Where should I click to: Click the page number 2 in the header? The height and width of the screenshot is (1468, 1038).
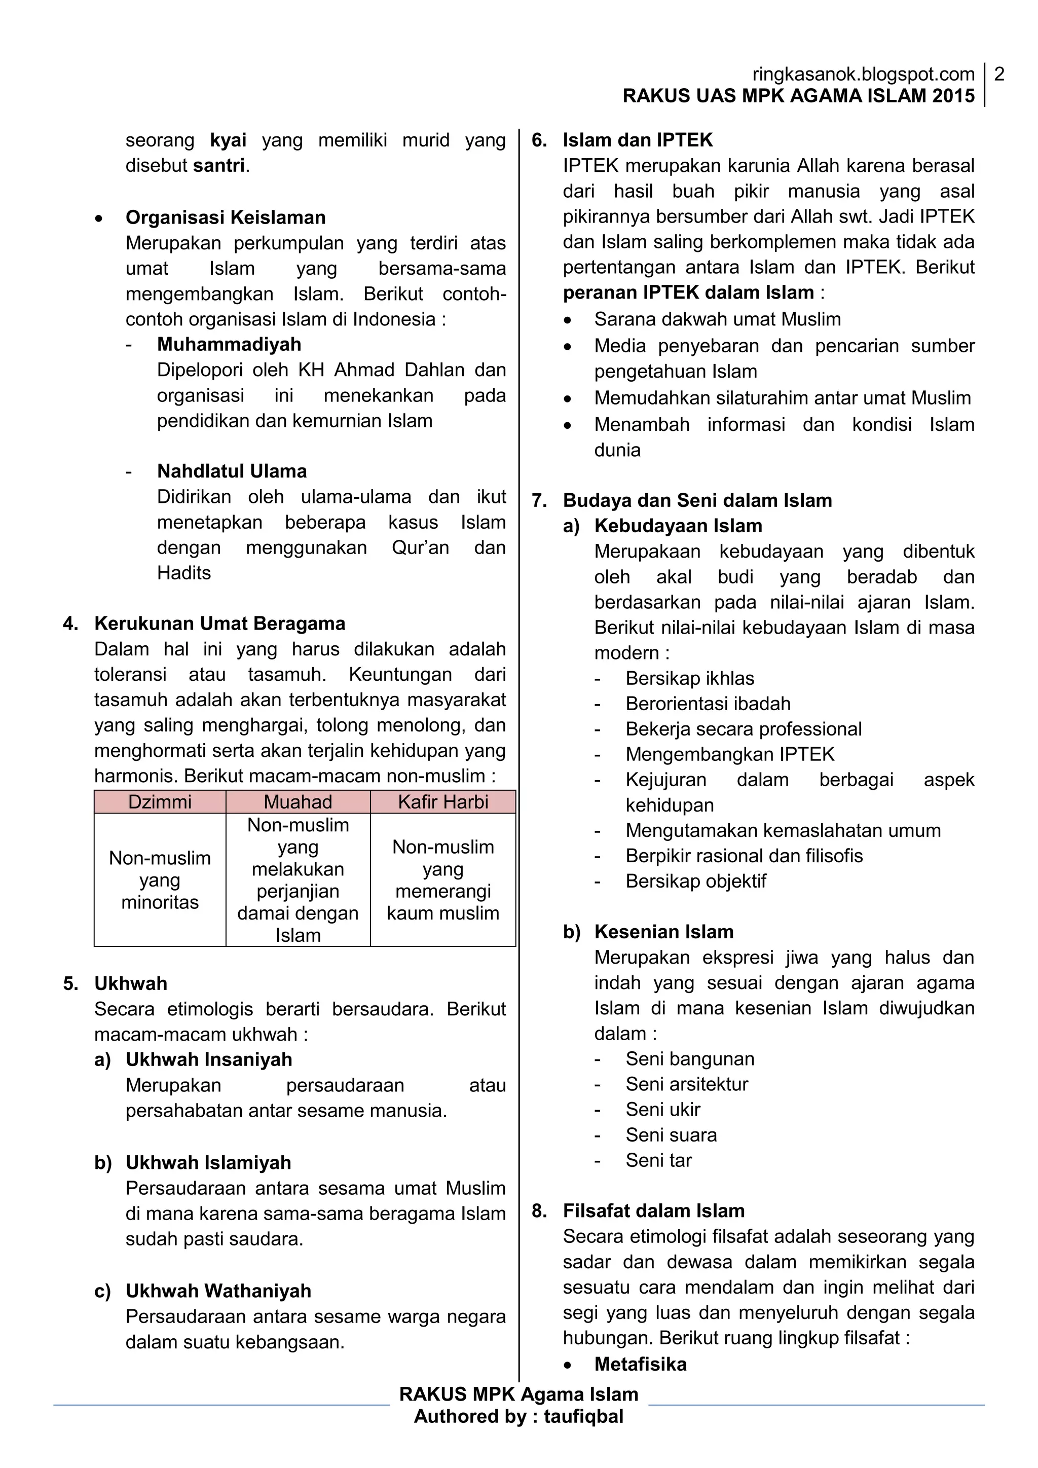999,74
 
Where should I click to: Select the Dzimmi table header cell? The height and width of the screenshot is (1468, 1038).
160,802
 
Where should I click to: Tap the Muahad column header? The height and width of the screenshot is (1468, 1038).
298,802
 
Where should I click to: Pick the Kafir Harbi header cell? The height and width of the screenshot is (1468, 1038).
443,802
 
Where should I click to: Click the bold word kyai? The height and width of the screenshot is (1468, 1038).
228,140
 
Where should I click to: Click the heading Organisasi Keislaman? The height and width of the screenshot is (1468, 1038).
226,217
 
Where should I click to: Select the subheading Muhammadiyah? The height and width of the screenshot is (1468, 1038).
229,344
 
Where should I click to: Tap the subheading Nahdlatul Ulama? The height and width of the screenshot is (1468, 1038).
232,471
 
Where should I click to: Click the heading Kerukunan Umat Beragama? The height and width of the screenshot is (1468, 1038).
220,623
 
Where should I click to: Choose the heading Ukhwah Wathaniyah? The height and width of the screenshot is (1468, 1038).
218,1291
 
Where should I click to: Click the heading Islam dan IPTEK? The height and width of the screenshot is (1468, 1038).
637,140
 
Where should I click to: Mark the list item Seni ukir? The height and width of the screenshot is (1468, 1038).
663,1109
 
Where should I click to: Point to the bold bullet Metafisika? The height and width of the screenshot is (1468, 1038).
641,1364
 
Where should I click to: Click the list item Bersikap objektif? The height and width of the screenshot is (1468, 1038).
695,881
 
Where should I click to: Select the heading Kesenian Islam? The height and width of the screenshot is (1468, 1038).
663,932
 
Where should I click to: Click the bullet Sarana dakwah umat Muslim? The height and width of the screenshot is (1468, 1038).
717,319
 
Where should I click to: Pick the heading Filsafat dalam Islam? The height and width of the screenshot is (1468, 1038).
654,1210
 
